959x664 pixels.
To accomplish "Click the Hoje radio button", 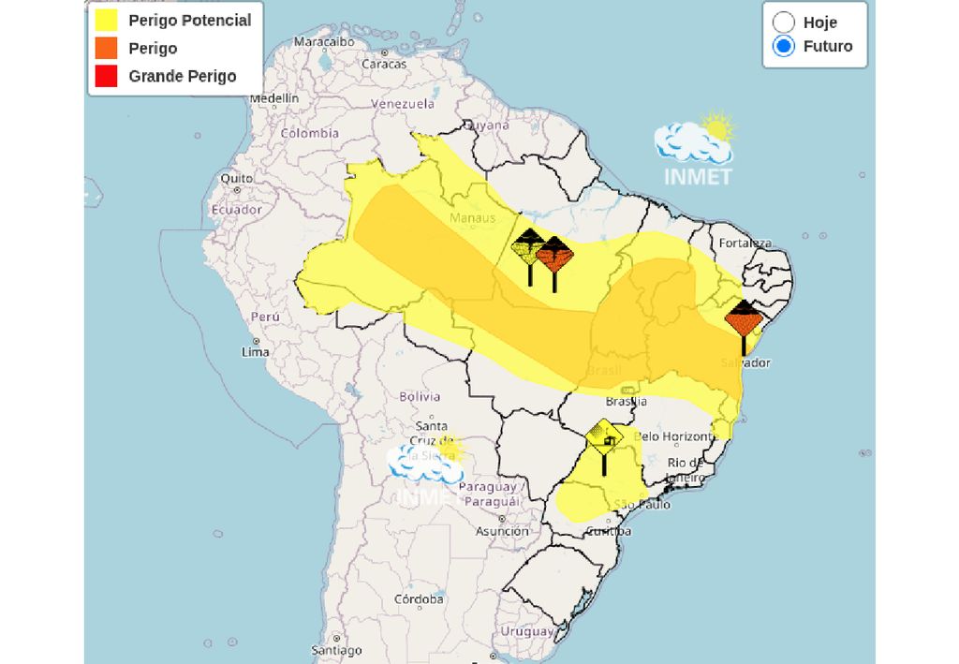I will coord(784,22).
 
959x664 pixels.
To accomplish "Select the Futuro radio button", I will coord(784,46).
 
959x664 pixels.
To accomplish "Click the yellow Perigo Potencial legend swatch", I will coord(106,20).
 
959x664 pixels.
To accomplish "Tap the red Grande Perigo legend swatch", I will coord(106,76).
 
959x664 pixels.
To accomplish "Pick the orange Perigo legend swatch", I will coord(106,48).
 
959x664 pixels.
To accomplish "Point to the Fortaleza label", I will coord(745,243).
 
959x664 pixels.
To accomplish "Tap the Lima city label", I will coord(255,352).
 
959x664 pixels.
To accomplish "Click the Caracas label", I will coord(384,64).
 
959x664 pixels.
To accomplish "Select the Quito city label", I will coord(236,178).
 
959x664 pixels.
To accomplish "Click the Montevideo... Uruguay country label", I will coord(527,631).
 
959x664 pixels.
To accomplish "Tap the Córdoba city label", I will coord(419,598).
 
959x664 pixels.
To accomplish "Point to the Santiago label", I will coord(336,650).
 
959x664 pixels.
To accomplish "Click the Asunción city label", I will coord(502,531).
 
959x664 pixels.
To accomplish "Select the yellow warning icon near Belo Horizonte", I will coord(604,436).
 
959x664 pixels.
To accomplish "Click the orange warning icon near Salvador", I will coord(745,318).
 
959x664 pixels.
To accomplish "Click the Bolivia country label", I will coord(420,396).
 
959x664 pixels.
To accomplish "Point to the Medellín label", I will coord(273,97).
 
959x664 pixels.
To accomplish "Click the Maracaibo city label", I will coord(323,42).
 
